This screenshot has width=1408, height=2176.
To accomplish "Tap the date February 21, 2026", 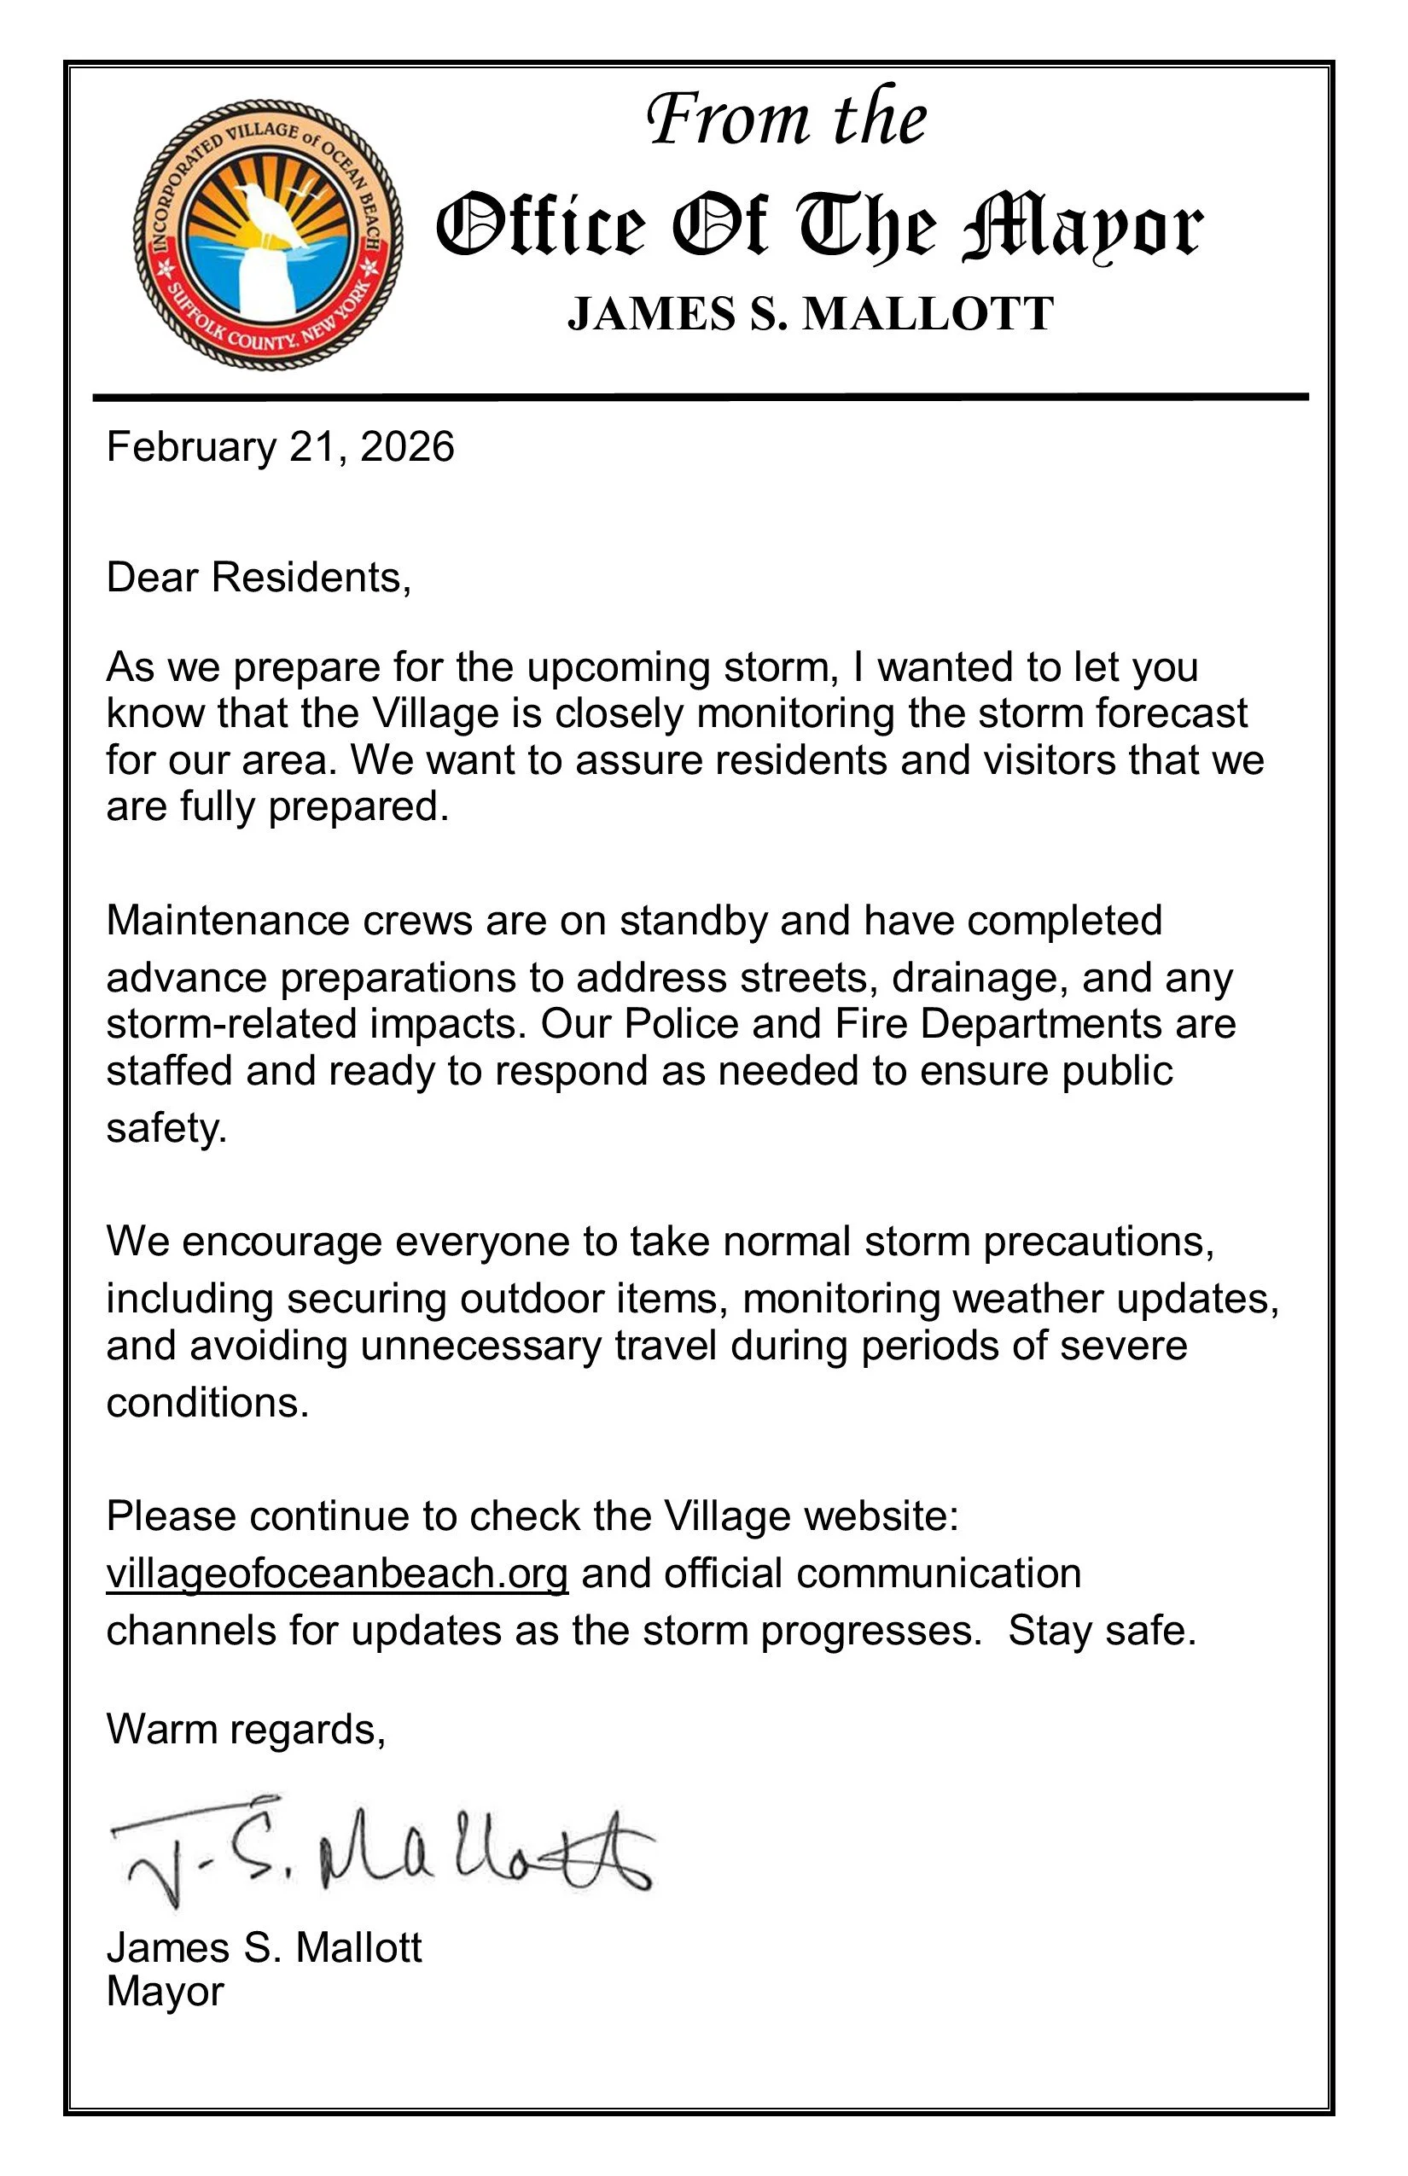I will point(280,448).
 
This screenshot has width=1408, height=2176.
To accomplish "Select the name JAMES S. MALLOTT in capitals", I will point(810,315).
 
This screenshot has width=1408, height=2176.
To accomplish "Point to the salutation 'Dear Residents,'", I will point(259,578).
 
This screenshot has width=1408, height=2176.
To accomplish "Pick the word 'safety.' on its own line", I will point(166,1128).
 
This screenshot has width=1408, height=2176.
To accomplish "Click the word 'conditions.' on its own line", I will point(207,1403).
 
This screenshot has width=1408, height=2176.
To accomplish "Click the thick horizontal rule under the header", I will point(701,397).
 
